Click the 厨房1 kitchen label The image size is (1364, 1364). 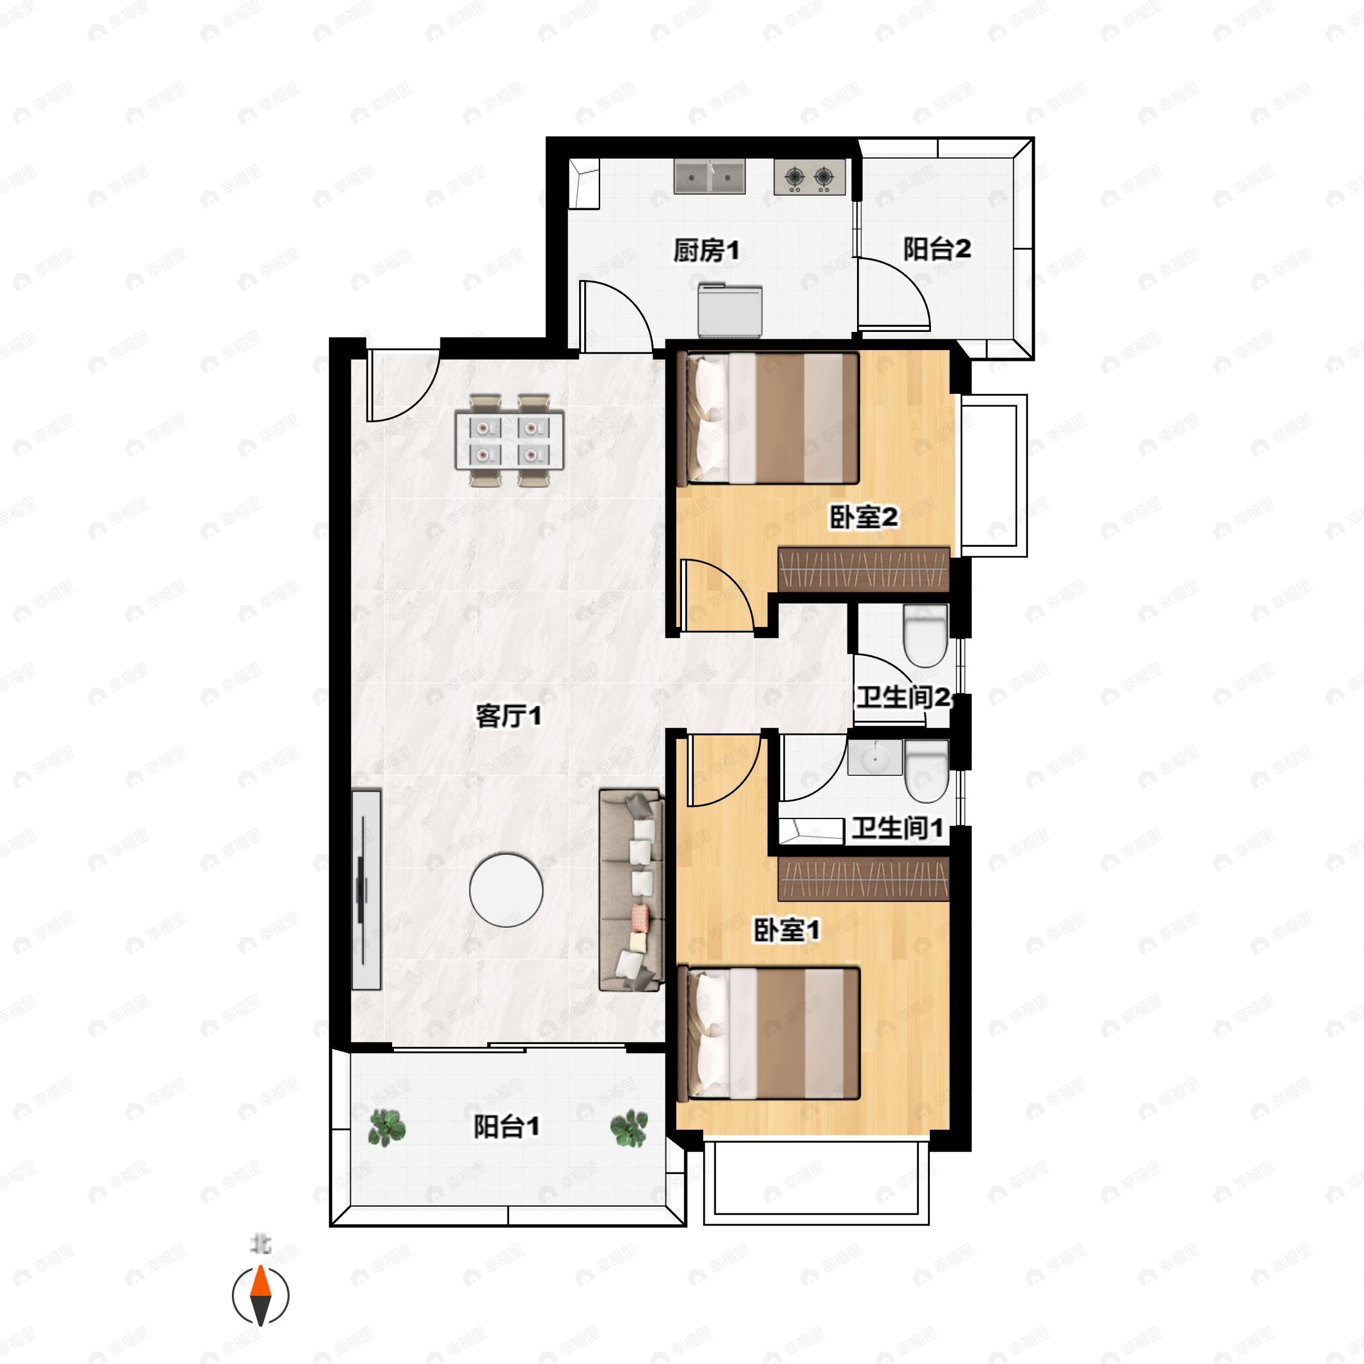click(x=705, y=250)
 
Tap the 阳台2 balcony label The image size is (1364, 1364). click(x=937, y=248)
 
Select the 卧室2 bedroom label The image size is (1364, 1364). click(x=863, y=518)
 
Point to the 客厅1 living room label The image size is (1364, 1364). click(x=508, y=717)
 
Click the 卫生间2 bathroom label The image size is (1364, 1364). click(x=903, y=697)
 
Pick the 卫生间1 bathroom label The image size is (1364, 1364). click(x=897, y=827)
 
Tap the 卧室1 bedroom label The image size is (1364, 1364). click(x=787, y=930)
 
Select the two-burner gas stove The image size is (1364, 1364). click(x=810, y=177)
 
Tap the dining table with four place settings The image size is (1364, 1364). click(x=510, y=440)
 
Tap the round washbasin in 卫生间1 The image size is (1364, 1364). click(x=875, y=759)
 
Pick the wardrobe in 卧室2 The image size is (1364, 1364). click(x=863, y=569)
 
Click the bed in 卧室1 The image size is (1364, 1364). click(x=768, y=1034)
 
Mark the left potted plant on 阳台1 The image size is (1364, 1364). click(x=387, y=1128)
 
